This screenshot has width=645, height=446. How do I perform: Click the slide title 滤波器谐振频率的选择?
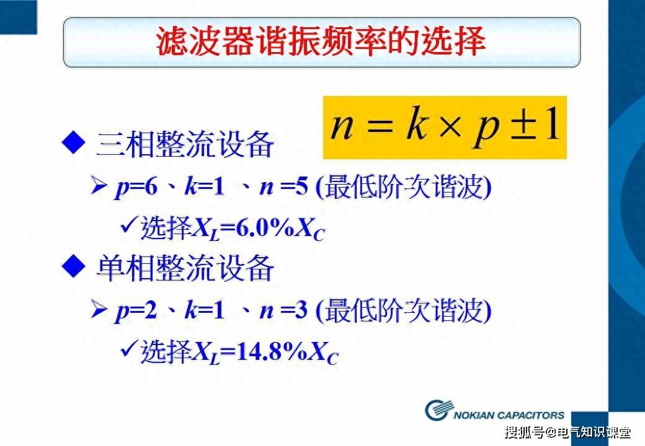tap(321, 42)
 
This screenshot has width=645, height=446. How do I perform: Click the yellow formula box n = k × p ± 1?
tap(445, 128)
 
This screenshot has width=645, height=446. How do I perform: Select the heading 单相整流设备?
tap(185, 269)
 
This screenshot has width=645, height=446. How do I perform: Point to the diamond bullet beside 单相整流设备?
tap(73, 268)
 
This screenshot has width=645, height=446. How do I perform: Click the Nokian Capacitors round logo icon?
tap(439, 409)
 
